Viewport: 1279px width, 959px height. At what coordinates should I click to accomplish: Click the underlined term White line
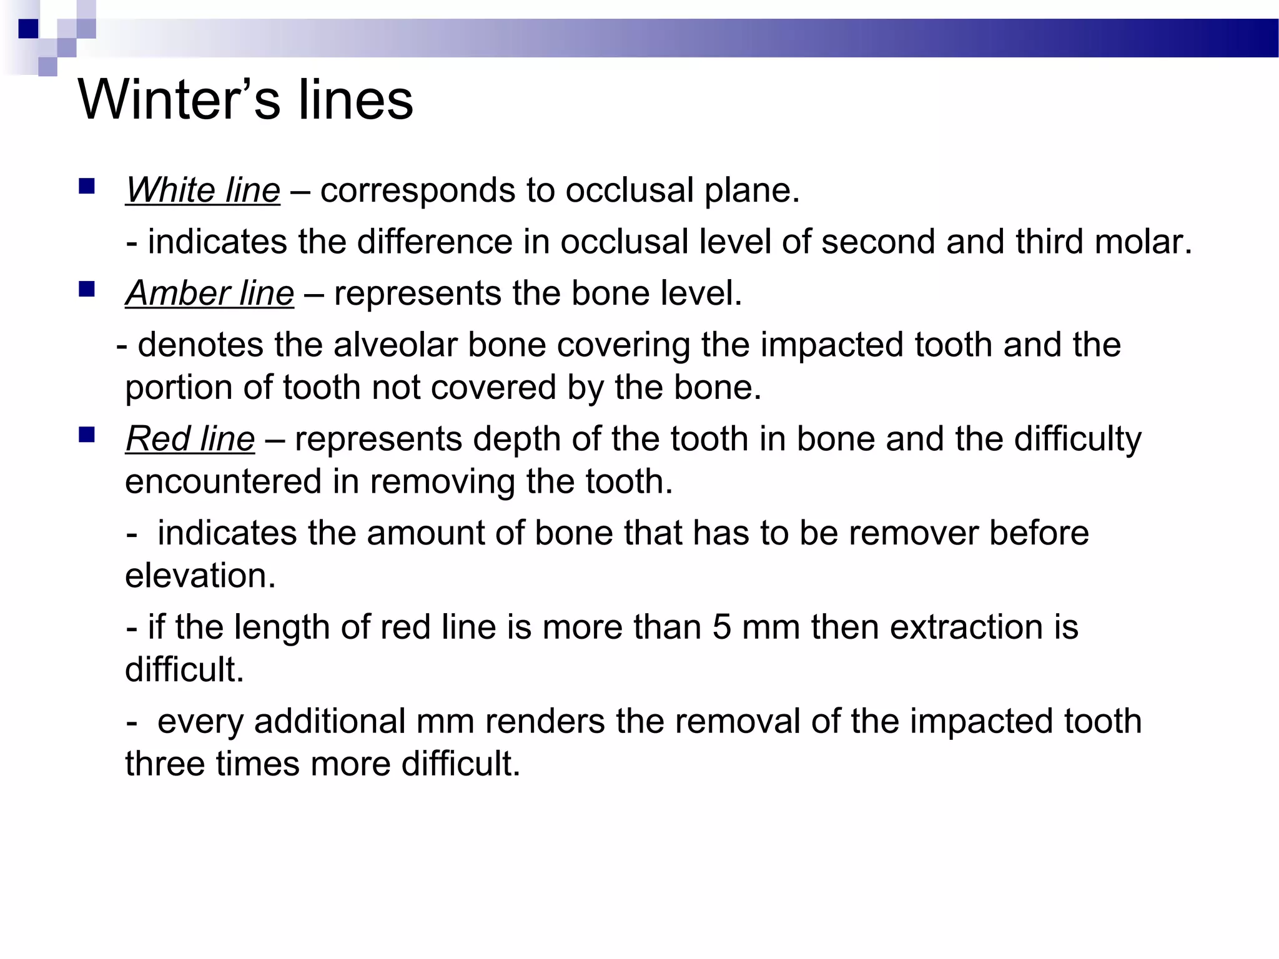coord(203,190)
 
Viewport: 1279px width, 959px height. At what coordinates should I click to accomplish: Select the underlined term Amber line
coord(210,293)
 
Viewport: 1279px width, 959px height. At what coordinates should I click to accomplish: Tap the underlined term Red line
coord(190,438)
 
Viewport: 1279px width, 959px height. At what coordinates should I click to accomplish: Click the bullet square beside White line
coord(87,186)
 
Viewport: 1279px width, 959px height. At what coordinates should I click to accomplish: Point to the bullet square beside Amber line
coord(87,289)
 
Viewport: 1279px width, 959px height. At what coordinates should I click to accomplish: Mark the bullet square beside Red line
coord(87,435)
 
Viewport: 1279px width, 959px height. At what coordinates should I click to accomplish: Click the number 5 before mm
coord(721,627)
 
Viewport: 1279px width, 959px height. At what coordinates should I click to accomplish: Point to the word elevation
coord(200,576)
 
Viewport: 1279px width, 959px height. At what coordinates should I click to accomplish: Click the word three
coord(165,764)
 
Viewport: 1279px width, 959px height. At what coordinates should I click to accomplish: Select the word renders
coord(545,721)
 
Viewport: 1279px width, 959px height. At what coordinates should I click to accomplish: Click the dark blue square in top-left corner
coord(28,29)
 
